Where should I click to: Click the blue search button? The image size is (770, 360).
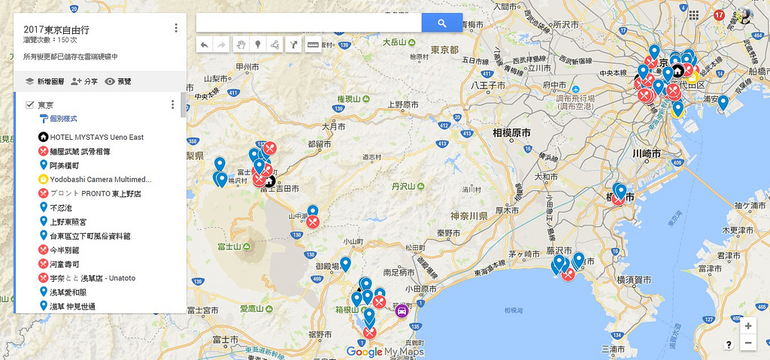coord(441,23)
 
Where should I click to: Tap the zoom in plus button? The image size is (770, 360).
coord(747,326)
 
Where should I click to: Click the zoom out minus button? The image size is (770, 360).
coord(747,343)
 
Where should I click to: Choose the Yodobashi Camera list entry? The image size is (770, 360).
coord(100,180)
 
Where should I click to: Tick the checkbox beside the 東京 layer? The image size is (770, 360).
coord(29,104)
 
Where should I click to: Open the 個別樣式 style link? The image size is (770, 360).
coord(63,119)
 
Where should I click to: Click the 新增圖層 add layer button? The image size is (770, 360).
coord(44,81)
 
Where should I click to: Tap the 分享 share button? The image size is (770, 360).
coord(84,81)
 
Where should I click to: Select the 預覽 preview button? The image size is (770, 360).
coord(118,81)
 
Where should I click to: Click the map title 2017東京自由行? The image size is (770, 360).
coord(57,29)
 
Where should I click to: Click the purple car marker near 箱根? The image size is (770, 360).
coord(402,310)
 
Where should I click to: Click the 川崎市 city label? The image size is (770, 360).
coord(646,153)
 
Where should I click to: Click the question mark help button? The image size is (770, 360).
coord(729,344)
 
